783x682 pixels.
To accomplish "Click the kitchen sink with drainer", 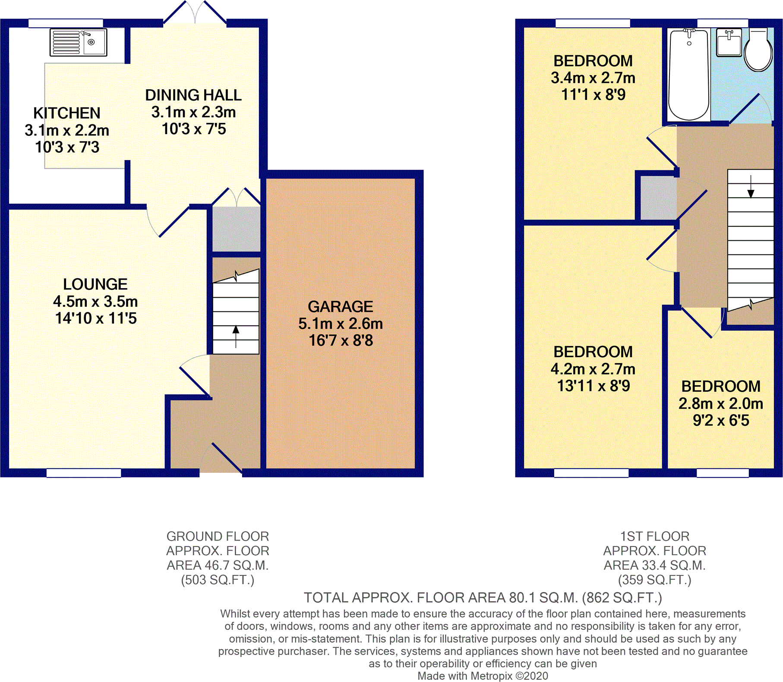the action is click(78, 42).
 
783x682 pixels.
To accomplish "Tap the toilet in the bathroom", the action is click(758, 50).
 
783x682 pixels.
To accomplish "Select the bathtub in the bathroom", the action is click(689, 75).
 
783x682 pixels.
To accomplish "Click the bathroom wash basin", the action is click(729, 42).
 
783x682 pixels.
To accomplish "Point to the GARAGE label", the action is click(341, 307).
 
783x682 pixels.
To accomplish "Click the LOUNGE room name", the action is click(95, 284).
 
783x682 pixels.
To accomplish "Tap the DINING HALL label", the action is click(193, 95).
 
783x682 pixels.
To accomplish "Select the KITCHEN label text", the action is click(67, 113).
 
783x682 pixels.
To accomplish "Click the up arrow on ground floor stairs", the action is click(236, 336).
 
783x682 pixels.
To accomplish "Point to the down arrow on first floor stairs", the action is click(751, 187).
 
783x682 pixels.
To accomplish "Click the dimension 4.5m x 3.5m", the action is click(95, 301).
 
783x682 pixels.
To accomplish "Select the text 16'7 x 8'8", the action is click(341, 340).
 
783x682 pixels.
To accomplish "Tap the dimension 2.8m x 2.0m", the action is click(721, 403).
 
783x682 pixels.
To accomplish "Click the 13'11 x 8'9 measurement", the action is click(594, 386).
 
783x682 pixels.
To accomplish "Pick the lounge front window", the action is click(84, 473).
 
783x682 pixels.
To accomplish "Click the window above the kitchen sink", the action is click(66, 23).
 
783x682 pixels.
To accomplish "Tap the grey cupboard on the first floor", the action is click(658, 198).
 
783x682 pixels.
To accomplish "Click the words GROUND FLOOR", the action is click(218, 536).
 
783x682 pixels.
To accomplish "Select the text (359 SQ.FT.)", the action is click(655, 580).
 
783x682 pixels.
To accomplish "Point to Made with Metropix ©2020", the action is click(483, 676).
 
